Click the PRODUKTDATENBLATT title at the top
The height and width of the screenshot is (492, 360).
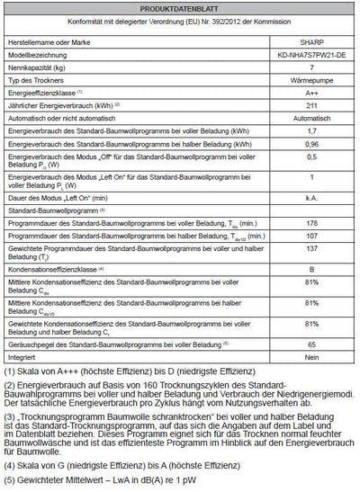point(179,7)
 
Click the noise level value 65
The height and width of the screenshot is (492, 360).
point(309,344)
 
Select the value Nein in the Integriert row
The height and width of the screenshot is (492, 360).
point(309,357)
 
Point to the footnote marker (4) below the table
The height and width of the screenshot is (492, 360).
point(11,466)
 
